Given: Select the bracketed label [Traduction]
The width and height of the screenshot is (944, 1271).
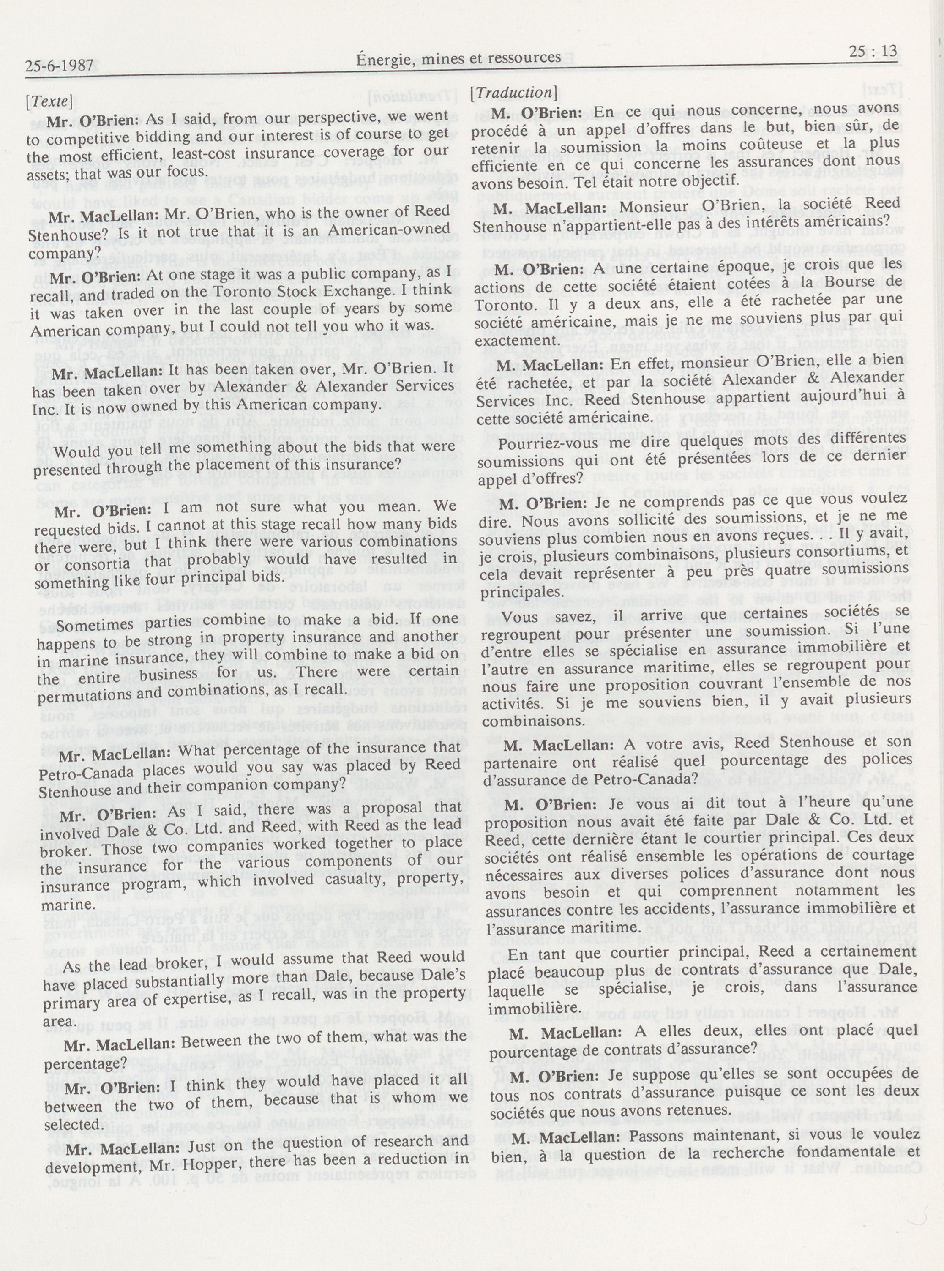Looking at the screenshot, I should pyautogui.click(x=513, y=93).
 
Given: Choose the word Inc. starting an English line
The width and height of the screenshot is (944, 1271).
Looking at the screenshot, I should pyautogui.click(x=49, y=404).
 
